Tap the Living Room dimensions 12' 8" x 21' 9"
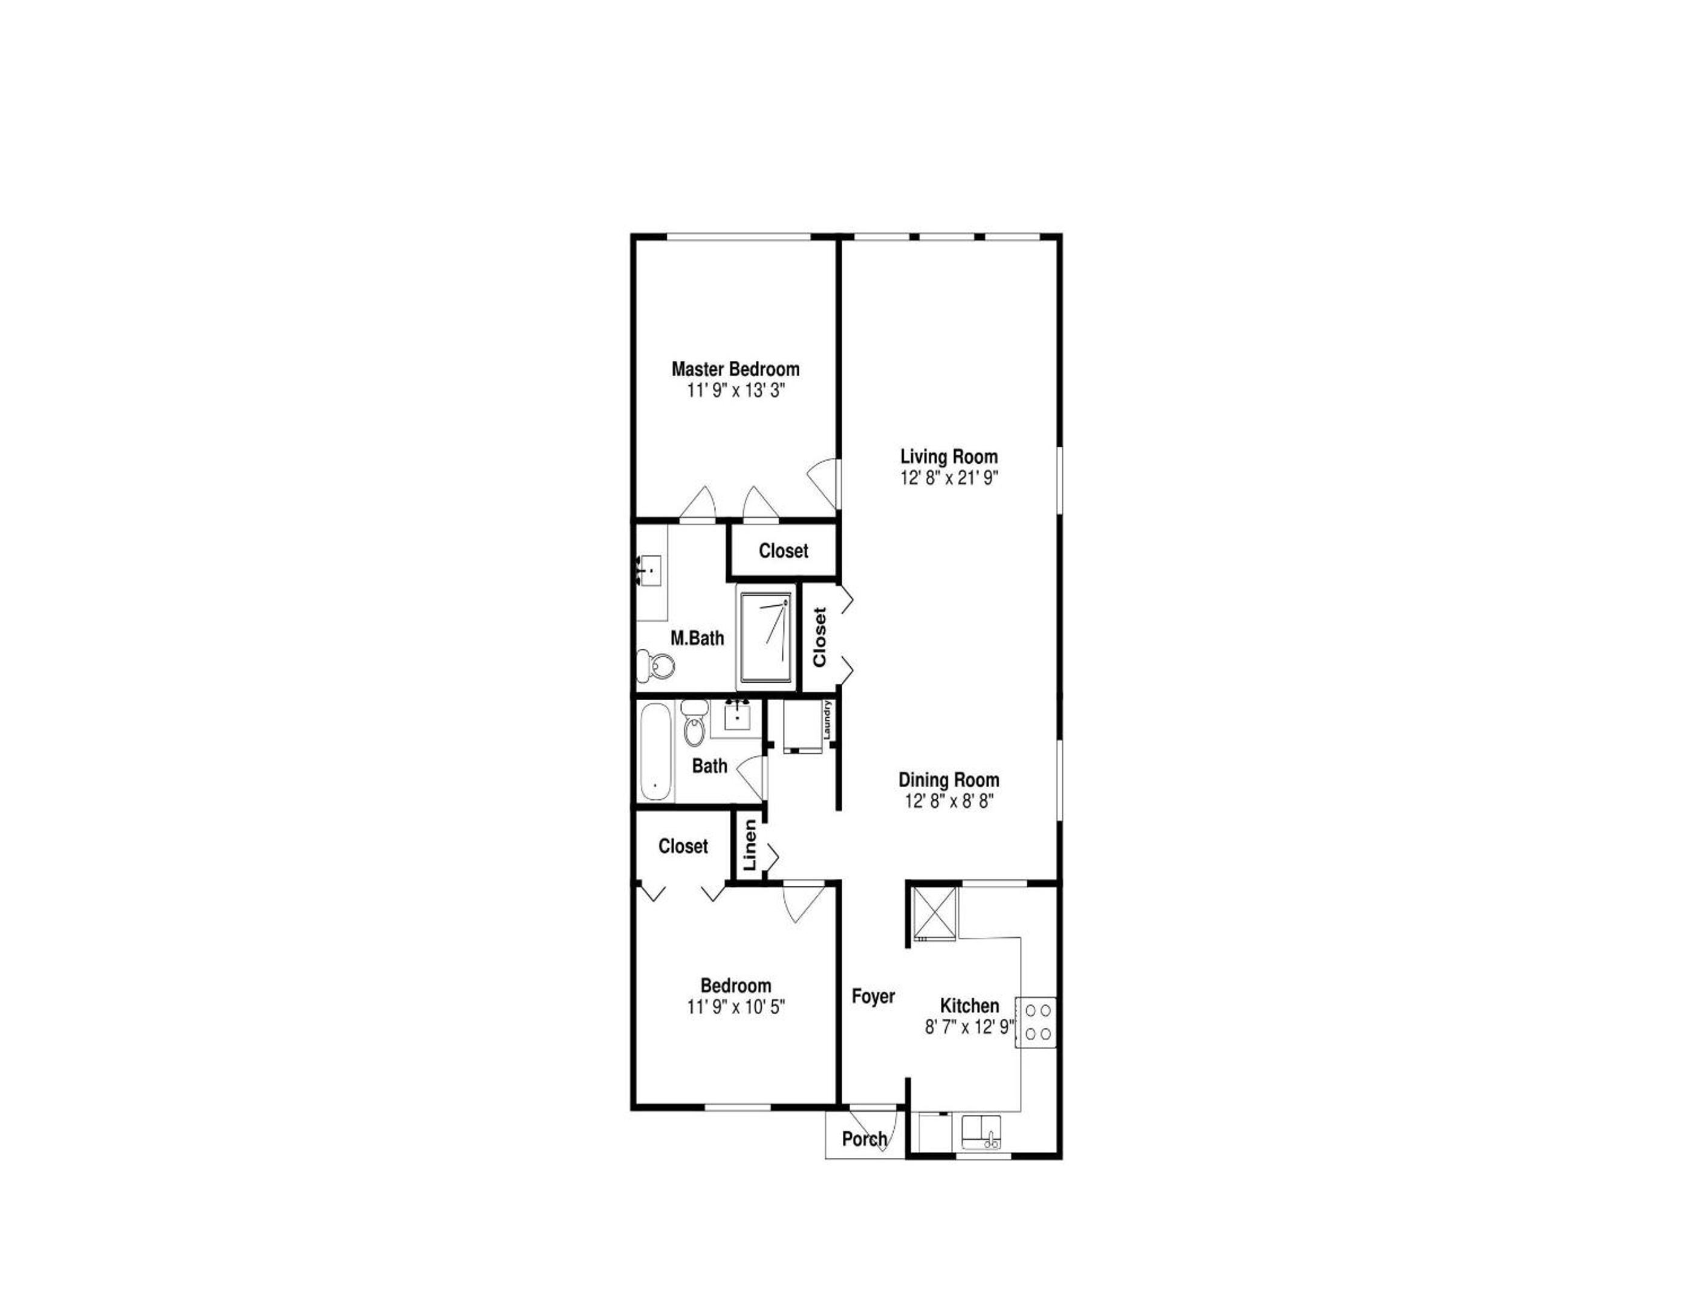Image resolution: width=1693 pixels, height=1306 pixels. click(949, 478)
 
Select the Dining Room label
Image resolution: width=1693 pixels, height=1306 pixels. click(949, 780)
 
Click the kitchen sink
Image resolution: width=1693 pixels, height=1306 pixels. click(981, 1132)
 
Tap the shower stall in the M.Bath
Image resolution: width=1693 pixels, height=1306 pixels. click(766, 638)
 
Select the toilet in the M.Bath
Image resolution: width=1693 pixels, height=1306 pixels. click(656, 666)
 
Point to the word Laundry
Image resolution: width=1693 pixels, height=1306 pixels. click(827, 720)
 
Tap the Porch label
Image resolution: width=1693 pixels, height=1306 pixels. click(864, 1139)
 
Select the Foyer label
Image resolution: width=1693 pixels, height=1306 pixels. click(873, 996)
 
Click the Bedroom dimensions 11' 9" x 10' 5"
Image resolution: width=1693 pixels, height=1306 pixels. click(736, 1007)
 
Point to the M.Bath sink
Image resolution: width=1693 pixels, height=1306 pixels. click(649, 570)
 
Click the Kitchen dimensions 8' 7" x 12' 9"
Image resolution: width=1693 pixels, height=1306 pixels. click(970, 1027)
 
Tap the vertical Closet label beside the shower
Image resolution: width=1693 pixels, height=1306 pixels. click(819, 637)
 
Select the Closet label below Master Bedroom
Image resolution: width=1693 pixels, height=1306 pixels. click(783, 550)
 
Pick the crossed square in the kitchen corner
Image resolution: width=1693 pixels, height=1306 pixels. click(934, 913)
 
